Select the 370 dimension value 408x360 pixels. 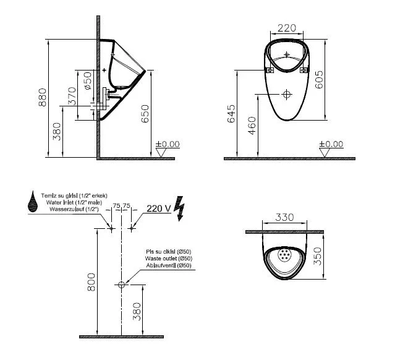click(72, 96)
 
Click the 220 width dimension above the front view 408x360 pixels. click(287, 28)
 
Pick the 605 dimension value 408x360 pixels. click(319, 79)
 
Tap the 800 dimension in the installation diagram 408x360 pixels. click(91, 283)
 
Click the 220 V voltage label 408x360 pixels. click(158, 208)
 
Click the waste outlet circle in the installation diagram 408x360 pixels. click(121, 285)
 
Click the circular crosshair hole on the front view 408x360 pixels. click(286, 95)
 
